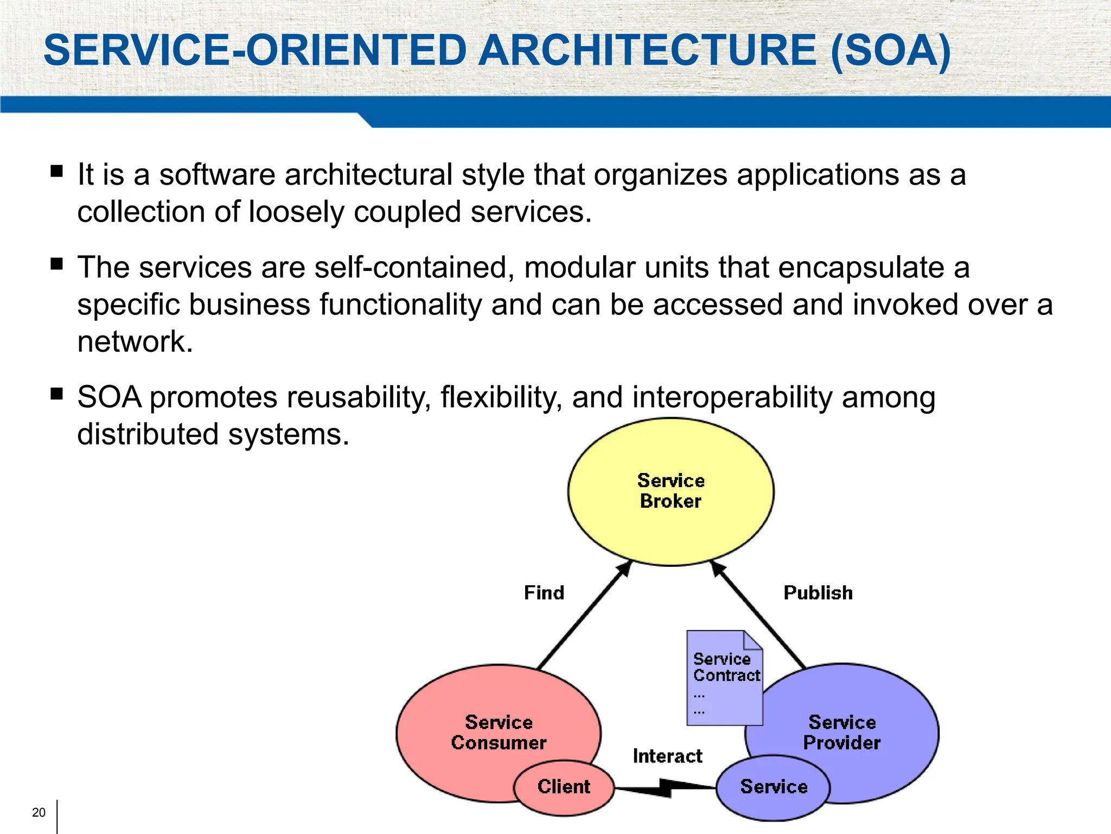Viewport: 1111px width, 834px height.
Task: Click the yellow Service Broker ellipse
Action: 671,521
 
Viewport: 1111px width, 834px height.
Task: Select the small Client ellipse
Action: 564,787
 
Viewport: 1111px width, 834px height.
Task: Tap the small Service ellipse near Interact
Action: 773,787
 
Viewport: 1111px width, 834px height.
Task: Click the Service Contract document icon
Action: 724,679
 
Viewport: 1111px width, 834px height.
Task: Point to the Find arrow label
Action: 544,592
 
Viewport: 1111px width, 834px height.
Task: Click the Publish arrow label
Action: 818,592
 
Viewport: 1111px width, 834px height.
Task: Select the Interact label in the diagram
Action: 667,756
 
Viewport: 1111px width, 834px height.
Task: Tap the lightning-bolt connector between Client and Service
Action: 665,787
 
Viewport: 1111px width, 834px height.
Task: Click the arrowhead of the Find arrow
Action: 625,568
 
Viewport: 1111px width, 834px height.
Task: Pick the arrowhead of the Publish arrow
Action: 717,568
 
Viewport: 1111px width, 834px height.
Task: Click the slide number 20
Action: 39,812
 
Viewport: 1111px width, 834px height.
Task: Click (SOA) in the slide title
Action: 890,50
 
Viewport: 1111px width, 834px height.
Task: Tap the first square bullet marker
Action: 56,172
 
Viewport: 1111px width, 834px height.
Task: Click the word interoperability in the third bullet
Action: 732,397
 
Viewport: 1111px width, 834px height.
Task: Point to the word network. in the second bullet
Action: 135,342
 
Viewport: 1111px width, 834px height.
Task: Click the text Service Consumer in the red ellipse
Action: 499,732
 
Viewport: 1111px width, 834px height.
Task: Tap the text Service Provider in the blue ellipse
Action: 842,732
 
